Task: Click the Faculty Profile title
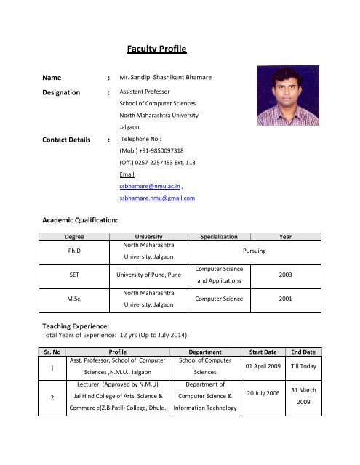[x=157, y=50]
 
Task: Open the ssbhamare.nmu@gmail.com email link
[x=156, y=198]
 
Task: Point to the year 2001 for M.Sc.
[x=286, y=299]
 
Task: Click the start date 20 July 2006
[x=263, y=393]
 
